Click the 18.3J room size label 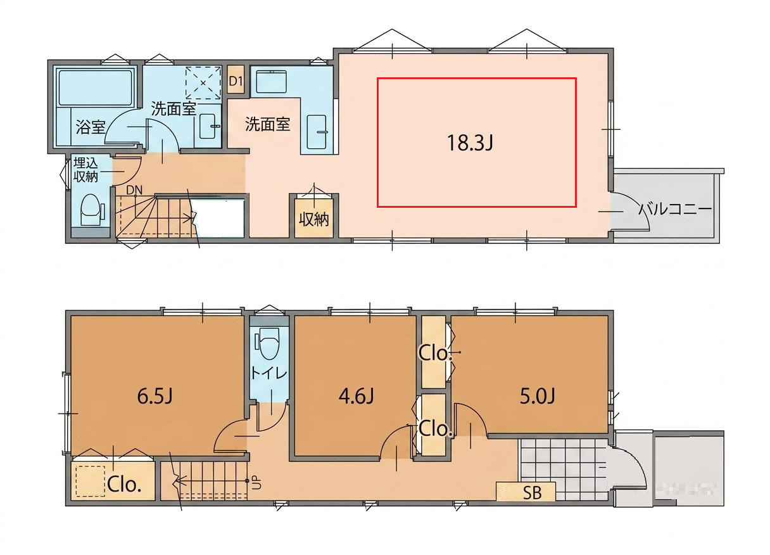pyautogui.click(x=470, y=143)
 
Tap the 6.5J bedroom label pyautogui.click(x=155, y=396)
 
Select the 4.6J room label pyautogui.click(x=356, y=396)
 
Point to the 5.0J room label pyautogui.click(x=537, y=396)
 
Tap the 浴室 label pyautogui.click(x=90, y=127)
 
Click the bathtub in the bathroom pyautogui.click(x=96, y=87)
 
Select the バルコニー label pyautogui.click(x=674, y=210)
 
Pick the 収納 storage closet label pyautogui.click(x=314, y=219)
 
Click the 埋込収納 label pyautogui.click(x=85, y=170)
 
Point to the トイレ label pyautogui.click(x=268, y=373)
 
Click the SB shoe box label pyautogui.click(x=532, y=492)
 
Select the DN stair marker pyautogui.click(x=134, y=190)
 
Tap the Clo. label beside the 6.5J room pyautogui.click(x=125, y=484)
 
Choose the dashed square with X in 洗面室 pyautogui.click(x=203, y=83)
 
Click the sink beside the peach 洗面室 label pyautogui.click(x=316, y=132)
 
